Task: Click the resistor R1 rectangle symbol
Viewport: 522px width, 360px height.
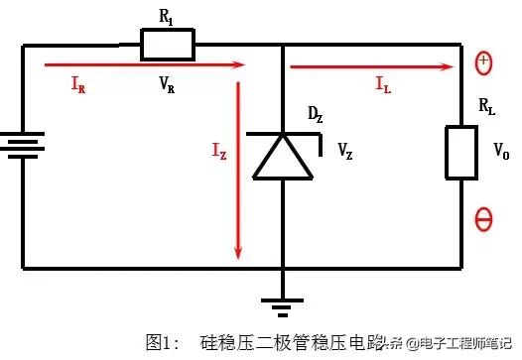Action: pyautogui.click(x=167, y=44)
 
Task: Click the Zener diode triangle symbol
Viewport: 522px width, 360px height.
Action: pyautogui.click(x=284, y=159)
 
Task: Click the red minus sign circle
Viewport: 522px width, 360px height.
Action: pyautogui.click(x=484, y=220)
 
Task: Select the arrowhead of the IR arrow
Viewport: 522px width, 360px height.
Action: pyautogui.click(x=238, y=65)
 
